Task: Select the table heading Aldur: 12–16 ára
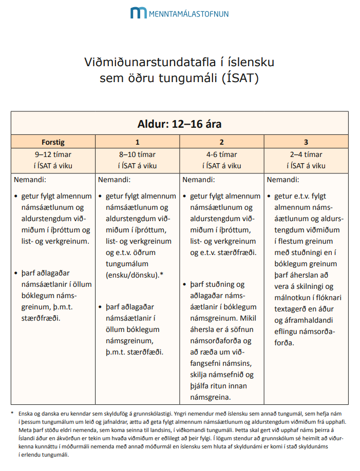click(180, 124)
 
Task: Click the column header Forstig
click(53, 142)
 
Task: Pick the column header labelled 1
click(137, 142)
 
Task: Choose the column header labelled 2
click(221, 142)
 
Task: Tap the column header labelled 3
click(306, 142)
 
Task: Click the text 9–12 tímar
click(53, 154)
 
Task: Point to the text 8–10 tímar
click(137, 154)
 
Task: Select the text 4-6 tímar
click(221, 154)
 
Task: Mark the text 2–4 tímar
click(306, 154)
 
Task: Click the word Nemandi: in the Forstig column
click(30, 180)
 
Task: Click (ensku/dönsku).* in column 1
click(135, 274)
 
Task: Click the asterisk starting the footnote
click(12, 414)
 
